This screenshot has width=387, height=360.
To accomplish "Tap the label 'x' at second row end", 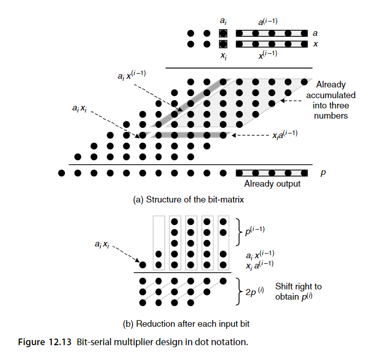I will (315, 44).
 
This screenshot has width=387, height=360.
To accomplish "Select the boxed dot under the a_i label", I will (223, 33).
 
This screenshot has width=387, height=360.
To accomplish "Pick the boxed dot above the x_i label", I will (223, 44).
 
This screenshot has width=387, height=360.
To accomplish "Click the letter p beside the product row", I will (323, 173).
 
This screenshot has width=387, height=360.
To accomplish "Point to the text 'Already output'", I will (272, 184).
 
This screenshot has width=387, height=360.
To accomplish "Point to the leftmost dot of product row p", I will (61, 172).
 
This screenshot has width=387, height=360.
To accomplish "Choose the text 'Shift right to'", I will (299, 287).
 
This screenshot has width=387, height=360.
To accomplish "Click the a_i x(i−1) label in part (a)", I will (131, 76).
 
